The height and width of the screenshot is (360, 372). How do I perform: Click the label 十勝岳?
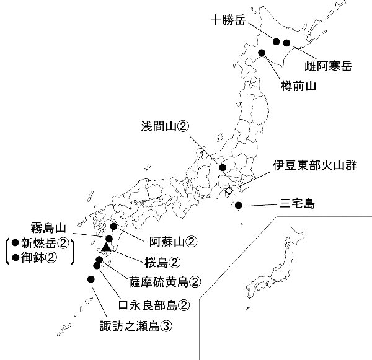[228, 19]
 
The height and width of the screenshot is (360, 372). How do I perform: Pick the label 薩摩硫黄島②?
[166, 282]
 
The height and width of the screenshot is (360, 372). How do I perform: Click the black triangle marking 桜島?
[107, 248]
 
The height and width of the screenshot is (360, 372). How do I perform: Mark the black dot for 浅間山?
[223, 167]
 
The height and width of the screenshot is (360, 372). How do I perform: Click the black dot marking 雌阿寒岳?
[286, 43]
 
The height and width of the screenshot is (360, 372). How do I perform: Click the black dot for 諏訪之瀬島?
[91, 279]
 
